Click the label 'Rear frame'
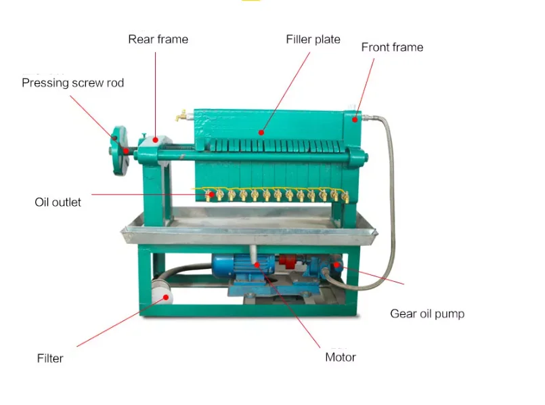(158, 39)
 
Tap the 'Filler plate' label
(313, 39)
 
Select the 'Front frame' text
(392, 47)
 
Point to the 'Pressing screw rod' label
(72, 83)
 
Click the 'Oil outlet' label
(58, 202)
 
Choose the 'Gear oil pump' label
(427, 314)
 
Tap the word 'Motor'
(341, 357)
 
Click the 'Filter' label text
(50, 358)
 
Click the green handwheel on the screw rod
(120, 152)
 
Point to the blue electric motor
(238, 268)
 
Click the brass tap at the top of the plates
(181, 116)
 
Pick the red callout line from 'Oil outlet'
(149, 194)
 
